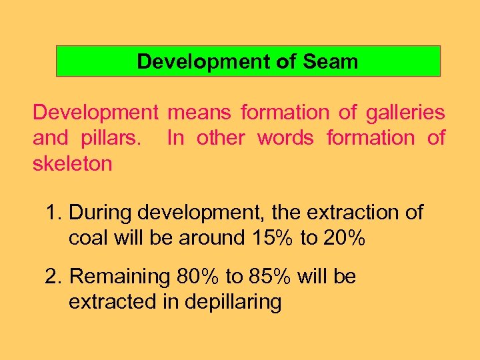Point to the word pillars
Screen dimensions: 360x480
tap(117, 138)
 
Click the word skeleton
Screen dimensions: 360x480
tap(73, 163)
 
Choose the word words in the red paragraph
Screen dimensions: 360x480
tap(285, 138)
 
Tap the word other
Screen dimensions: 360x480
tap(220, 138)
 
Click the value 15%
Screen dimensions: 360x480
tap(272, 238)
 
